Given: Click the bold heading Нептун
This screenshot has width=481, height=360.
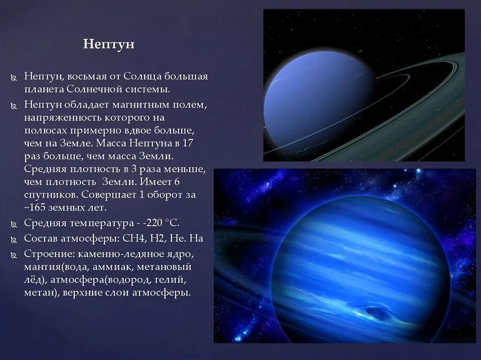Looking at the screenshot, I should click(x=109, y=44).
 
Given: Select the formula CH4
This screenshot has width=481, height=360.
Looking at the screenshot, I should click(x=135, y=238).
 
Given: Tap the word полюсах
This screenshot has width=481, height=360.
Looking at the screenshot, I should click(x=44, y=130).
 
